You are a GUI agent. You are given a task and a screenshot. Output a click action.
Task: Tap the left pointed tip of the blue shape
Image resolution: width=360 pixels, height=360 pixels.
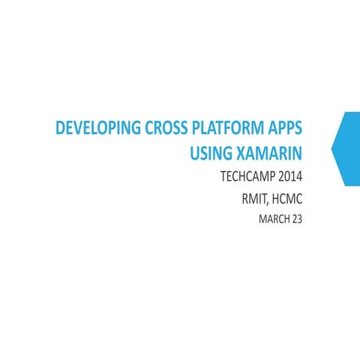(x=332, y=148)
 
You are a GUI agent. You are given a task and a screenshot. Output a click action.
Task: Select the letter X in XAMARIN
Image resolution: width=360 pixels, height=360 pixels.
(x=241, y=154)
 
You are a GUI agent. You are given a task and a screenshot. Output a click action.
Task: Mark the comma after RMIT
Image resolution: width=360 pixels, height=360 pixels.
(x=266, y=205)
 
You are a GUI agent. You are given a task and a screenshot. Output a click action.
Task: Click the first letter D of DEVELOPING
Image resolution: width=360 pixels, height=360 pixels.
(x=60, y=129)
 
